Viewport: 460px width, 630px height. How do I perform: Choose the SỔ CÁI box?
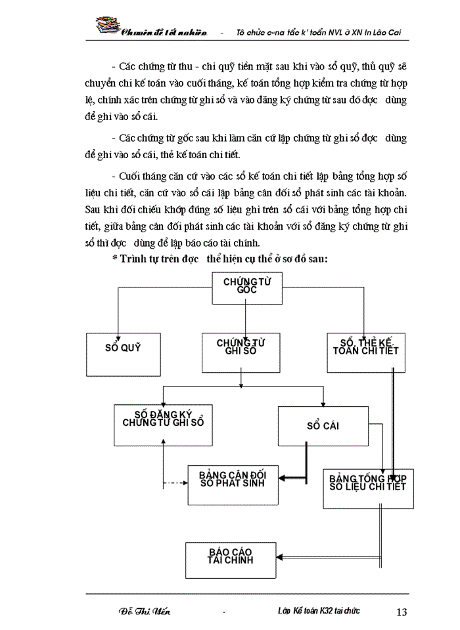tap(323, 425)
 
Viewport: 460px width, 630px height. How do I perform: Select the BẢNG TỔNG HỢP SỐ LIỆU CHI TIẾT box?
tap(368, 487)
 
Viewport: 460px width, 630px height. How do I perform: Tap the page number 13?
tap(402, 612)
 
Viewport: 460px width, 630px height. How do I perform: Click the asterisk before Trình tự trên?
tap(114, 259)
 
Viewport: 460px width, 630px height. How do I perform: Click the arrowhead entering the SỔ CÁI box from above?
tap(323, 403)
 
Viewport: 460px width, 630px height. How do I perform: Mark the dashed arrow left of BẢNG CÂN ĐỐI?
tap(175, 484)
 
